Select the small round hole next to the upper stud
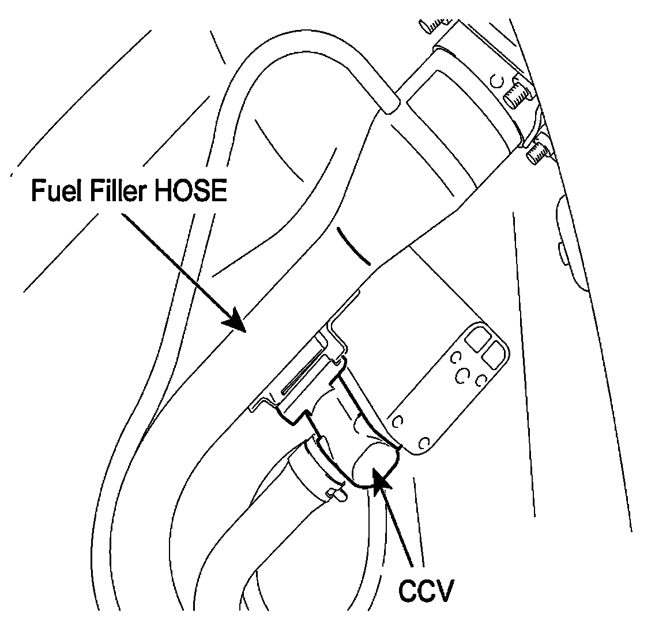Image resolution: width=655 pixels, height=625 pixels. tap(496, 81)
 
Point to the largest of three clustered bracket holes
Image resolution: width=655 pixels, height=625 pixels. tap(462, 376)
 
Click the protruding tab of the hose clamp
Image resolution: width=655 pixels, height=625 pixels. tap(335, 494)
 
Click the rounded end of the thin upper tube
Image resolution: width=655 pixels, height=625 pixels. tap(390, 104)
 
